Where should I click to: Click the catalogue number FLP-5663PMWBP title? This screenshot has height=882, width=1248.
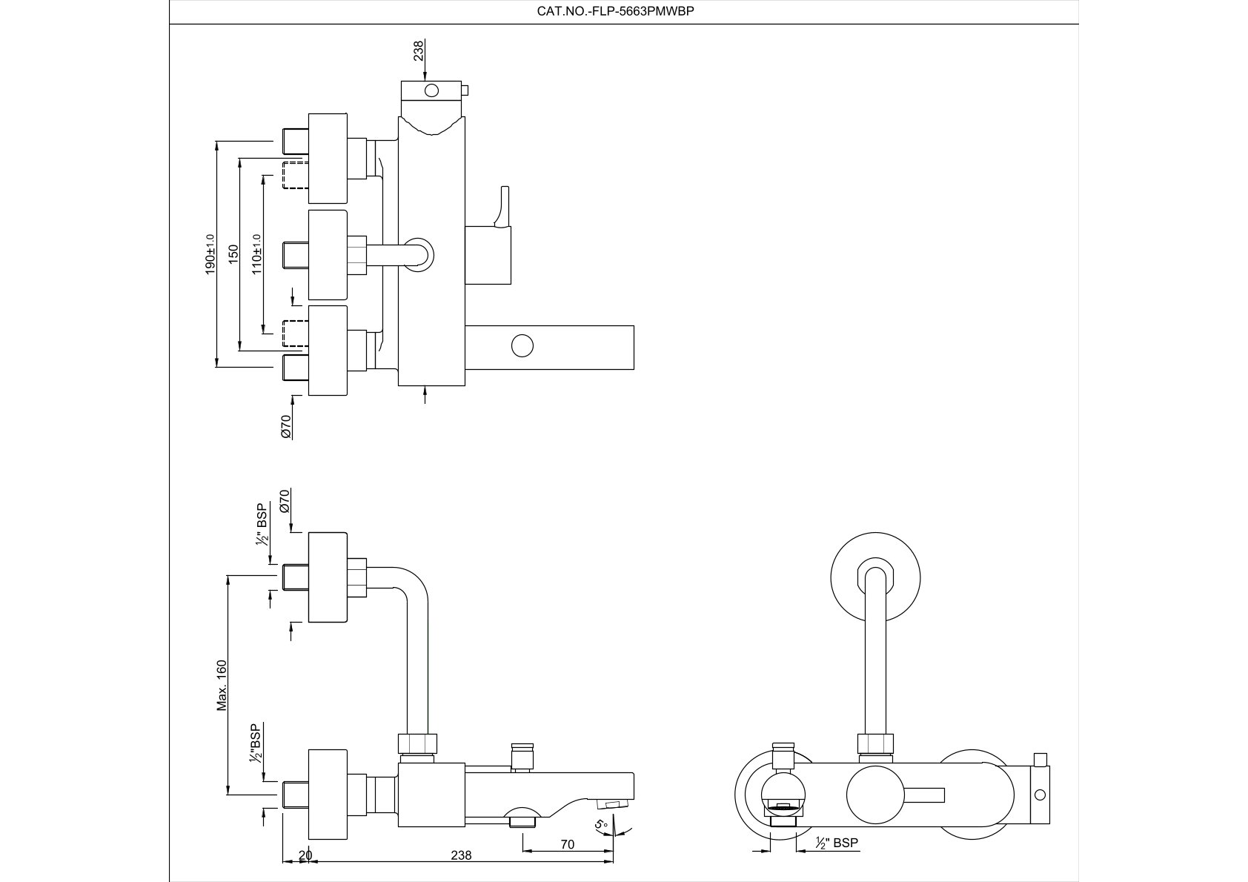pos(615,11)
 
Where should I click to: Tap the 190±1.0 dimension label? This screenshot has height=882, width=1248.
pos(210,254)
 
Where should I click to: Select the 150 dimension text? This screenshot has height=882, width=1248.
pos(233,254)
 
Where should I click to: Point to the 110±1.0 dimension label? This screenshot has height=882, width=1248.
pos(257,254)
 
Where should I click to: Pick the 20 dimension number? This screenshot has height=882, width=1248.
pos(305,855)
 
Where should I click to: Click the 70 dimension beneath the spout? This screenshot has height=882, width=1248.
pos(568,843)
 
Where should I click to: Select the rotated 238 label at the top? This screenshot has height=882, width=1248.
pos(419,50)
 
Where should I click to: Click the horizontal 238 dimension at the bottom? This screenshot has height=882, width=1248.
pos(461,855)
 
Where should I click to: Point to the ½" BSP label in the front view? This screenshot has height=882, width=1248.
pos(837,843)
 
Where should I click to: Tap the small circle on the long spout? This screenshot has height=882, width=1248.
pos(522,346)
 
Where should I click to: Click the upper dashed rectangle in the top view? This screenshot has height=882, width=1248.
pos(295,174)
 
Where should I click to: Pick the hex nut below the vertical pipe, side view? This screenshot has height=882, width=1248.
pos(418,744)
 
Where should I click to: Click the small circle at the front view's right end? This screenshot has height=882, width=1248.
pos(1040,795)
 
